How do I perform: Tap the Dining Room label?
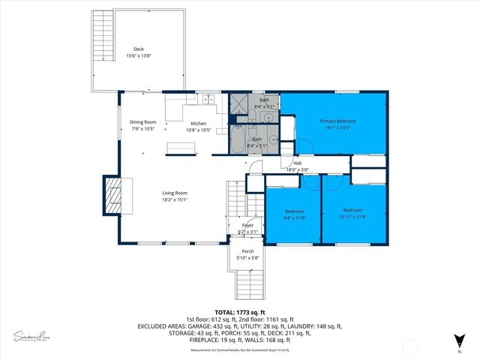point(142,121)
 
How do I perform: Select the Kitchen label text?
point(199,123)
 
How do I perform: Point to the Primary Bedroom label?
point(335,121)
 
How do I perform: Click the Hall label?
point(297,163)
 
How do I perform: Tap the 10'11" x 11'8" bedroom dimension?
point(352,217)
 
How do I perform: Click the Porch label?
point(247,251)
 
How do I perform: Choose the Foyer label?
point(247,225)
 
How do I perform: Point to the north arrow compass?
point(458,339)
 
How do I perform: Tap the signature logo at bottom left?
point(32,335)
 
